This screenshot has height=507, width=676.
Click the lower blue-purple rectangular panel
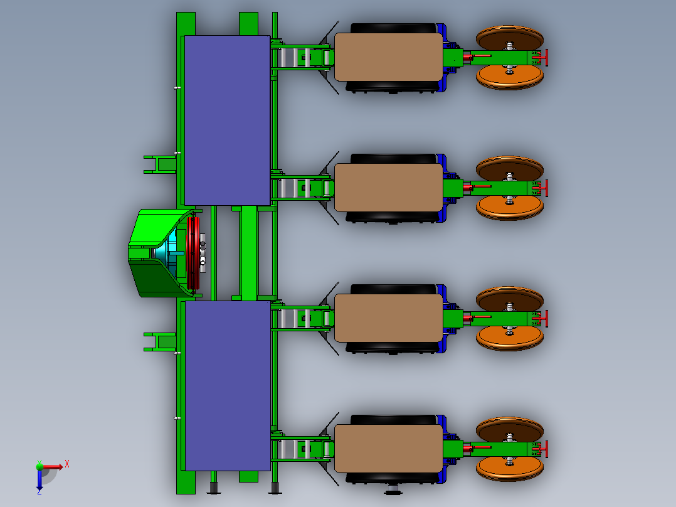click(227, 385)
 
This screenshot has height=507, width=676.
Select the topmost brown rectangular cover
click(388, 57)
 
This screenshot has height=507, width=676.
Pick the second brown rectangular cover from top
click(388, 188)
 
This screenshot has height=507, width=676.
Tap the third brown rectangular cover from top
click(388, 318)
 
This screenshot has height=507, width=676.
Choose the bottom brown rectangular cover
click(388, 449)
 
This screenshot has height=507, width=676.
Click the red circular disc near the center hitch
click(193, 253)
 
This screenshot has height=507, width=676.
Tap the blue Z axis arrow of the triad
click(40, 483)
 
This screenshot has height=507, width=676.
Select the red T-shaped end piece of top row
click(544, 57)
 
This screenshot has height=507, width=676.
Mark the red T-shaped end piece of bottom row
click(544, 449)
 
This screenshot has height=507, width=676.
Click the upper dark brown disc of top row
click(509, 37)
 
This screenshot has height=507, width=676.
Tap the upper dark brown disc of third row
click(509, 299)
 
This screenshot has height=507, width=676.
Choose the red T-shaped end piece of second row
click(544, 188)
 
